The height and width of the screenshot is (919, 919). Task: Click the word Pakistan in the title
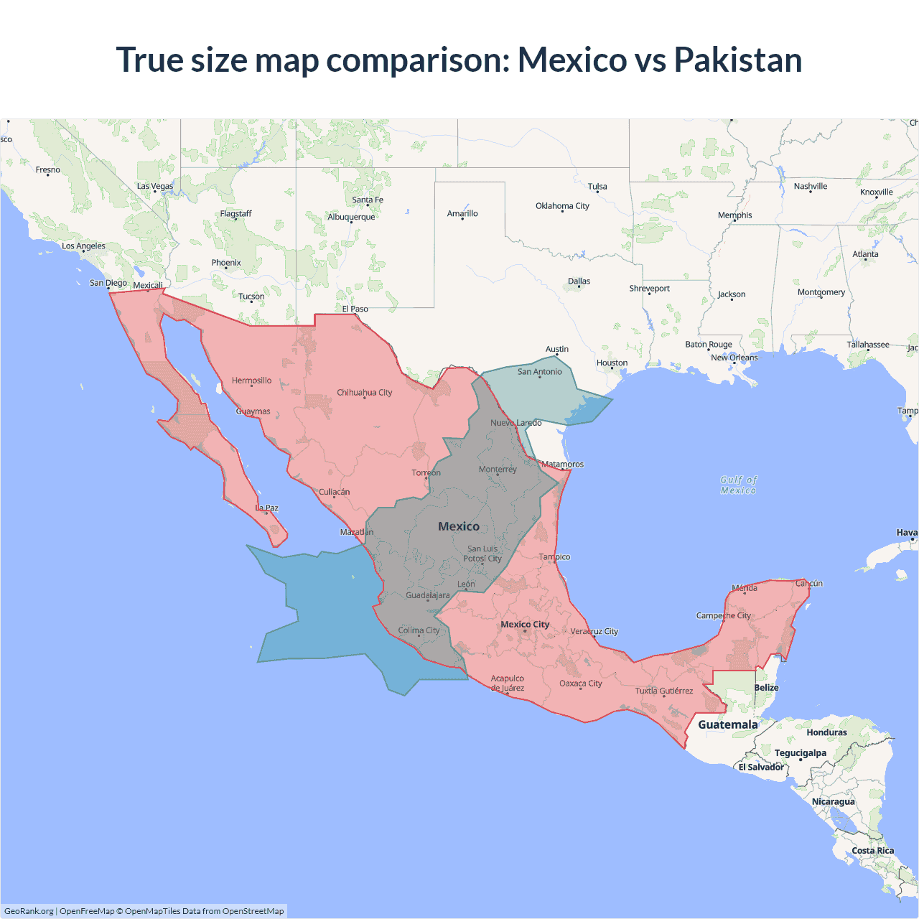click(x=737, y=60)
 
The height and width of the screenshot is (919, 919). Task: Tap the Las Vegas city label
click(x=155, y=186)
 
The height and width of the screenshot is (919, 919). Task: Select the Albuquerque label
click(x=351, y=217)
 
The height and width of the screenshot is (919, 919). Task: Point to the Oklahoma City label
click(x=562, y=206)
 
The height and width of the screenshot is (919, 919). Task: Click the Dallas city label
click(x=579, y=281)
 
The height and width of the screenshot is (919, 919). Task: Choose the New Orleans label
click(x=734, y=358)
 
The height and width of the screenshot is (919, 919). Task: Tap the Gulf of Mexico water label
click(x=739, y=485)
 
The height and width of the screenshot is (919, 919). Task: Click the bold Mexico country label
click(x=459, y=526)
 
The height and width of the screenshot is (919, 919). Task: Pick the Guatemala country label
click(x=727, y=724)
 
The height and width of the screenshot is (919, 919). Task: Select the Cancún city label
click(x=809, y=583)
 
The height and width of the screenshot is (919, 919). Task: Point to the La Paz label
click(x=267, y=508)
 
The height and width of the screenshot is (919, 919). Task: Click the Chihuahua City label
click(x=365, y=393)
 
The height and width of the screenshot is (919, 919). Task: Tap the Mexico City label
click(x=525, y=624)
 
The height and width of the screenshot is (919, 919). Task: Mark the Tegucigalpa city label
click(x=800, y=752)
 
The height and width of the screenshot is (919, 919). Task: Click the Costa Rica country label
click(x=872, y=851)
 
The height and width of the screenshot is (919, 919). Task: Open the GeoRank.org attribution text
click(x=29, y=911)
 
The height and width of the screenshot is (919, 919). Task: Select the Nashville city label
click(x=811, y=186)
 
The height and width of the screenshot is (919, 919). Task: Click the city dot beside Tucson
click(x=251, y=302)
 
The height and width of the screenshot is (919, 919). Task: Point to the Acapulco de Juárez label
click(x=508, y=683)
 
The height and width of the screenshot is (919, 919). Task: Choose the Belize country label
click(x=766, y=687)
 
